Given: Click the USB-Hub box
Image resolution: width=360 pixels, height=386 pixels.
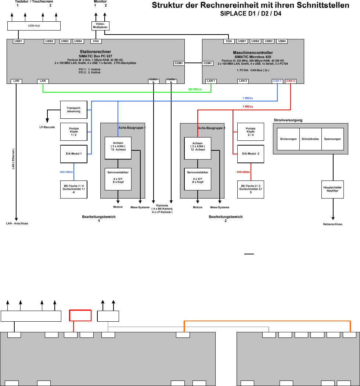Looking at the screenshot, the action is tap(34, 26).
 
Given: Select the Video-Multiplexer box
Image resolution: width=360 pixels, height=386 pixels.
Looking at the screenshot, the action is tap(100, 26).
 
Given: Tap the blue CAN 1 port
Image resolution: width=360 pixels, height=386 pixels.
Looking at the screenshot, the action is tap(277, 81).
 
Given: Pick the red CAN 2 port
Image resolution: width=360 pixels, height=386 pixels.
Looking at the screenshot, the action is tap(291, 81).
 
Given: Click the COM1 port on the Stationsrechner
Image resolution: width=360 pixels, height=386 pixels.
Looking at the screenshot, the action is tap(179, 63).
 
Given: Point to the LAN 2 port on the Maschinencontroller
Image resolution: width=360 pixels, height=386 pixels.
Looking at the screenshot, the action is tap(243, 81).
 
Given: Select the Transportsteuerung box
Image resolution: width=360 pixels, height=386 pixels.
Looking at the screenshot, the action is tap(73, 110).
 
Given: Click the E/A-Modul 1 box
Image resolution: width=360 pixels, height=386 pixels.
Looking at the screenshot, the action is tap(73, 154).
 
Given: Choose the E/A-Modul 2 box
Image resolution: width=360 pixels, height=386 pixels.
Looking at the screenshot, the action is tap(251, 154).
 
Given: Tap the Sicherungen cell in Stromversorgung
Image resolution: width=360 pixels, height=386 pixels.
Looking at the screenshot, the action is tap(288, 139).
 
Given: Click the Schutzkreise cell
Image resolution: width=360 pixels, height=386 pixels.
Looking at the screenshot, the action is tap(310, 139).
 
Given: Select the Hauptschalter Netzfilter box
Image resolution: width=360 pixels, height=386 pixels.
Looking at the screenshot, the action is tap(332, 189).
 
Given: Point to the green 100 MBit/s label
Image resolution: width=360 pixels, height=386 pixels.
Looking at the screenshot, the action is tap(195, 89).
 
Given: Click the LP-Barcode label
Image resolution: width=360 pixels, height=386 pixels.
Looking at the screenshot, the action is tap(47, 127).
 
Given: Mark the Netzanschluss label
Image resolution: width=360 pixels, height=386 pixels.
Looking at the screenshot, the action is tap(332, 224).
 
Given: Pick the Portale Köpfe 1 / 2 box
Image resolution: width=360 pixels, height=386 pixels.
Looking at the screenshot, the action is tap(73, 132).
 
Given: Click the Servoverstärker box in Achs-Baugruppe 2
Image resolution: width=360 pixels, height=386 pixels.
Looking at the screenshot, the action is tap(198, 179).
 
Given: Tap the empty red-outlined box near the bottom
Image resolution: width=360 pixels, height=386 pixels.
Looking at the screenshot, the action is tap(80, 316).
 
